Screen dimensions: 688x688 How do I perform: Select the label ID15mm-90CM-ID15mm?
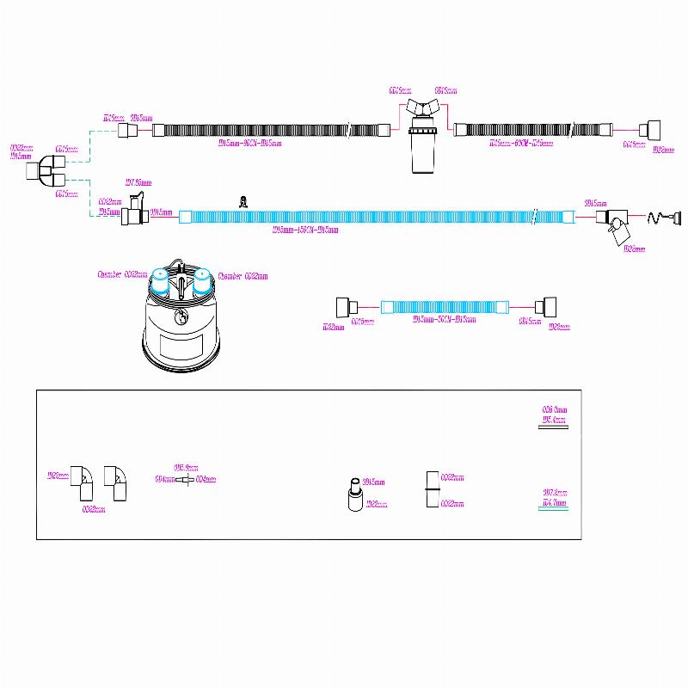tap(250, 144)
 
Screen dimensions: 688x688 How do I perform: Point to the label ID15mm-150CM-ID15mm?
tap(304, 230)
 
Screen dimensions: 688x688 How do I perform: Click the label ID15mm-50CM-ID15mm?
tap(445, 320)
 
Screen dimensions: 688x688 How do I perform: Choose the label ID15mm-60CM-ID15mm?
tap(528, 143)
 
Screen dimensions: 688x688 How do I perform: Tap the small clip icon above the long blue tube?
tap(243, 203)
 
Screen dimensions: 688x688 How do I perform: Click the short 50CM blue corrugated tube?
tap(439, 306)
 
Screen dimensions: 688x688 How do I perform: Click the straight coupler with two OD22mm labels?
tap(433, 490)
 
